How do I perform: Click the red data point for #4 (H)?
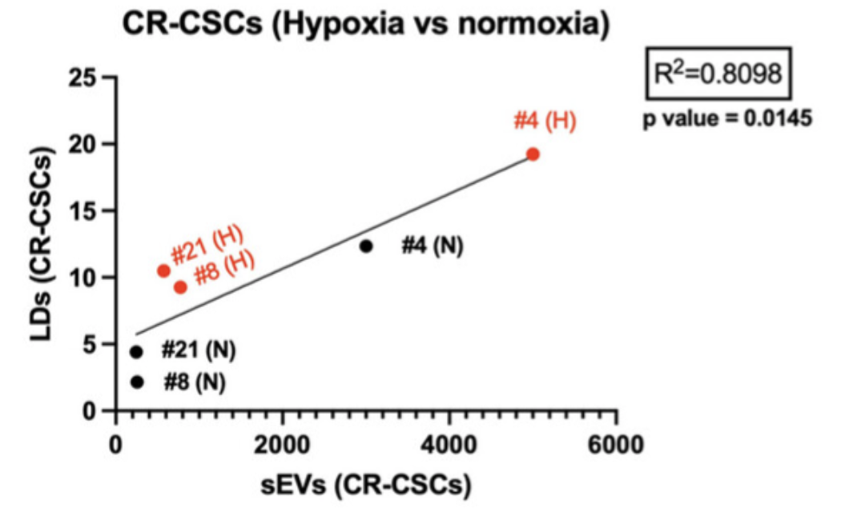(533, 154)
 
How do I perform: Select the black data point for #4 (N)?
(366, 246)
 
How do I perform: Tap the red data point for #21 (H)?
(163, 271)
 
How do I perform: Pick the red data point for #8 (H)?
(180, 286)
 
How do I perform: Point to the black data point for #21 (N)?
(136, 352)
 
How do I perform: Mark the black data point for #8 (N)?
(137, 382)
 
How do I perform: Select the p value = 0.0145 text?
(728, 118)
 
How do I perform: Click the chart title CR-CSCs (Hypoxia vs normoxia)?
(366, 24)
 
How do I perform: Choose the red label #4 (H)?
(545, 122)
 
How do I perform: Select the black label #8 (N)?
(195, 382)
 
